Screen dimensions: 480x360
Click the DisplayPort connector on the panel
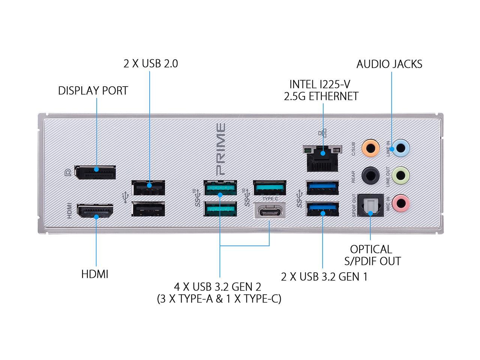click(x=95, y=172)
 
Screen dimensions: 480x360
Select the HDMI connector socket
click(x=95, y=211)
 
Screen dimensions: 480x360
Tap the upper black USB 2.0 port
click(x=148, y=188)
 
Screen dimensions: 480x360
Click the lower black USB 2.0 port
click(x=148, y=209)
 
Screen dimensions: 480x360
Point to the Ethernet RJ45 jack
click(x=322, y=159)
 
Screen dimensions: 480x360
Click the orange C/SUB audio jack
click(x=370, y=148)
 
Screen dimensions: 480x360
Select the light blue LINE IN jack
click(x=400, y=148)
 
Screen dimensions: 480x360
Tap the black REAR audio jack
click(x=370, y=175)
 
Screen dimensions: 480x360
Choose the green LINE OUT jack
click(x=400, y=175)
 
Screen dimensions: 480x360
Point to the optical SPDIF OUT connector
click(x=370, y=205)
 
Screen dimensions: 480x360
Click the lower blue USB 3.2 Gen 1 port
click(x=322, y=209)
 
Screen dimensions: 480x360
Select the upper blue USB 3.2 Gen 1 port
click(x=322, y=188)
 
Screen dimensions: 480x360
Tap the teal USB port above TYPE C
click(x=270, y=188)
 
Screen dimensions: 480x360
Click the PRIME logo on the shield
click(x=220, y=150)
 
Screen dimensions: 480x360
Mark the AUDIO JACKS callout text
click(x=389, y=64)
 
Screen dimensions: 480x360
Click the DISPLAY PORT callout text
click(x=93, y=90)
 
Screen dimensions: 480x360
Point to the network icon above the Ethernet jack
click(x=322, y=133)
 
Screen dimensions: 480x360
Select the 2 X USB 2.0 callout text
click(x=151, y=64)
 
